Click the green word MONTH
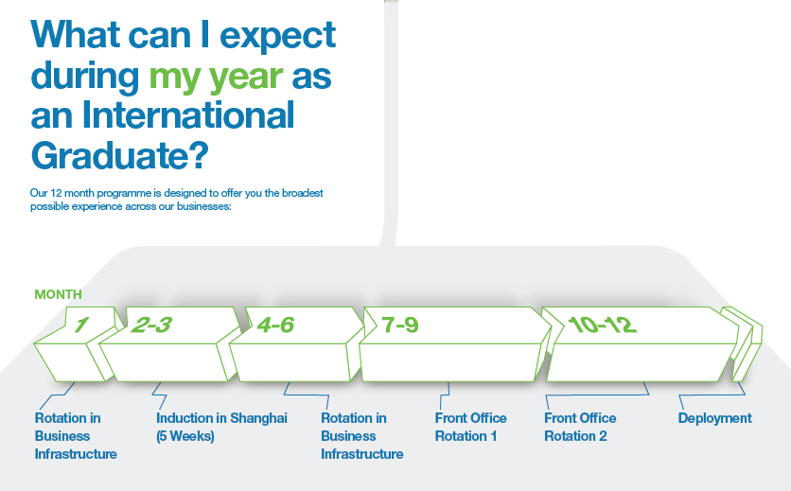(x=58, y=294)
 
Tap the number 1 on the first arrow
(x=81, y=324)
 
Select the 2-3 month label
(x=151, y=324)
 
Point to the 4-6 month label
(x=275, y=324)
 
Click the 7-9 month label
(x=400, y=324)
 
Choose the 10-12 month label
(x=603, y=324)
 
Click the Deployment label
(x=714, y=418)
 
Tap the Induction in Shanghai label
(x=221, y=418)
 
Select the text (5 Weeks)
(x=185, y=436)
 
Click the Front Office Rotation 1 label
(x=470, y=427)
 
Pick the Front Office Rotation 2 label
(x=580, y=427)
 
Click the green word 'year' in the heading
(x=246, y=78)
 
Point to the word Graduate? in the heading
(x=119, y=154)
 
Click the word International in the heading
(x=187, y=114)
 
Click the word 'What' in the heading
(x=75, y=34)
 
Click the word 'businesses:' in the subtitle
(x=203, y=206)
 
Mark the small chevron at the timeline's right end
(x=742, y=343)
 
